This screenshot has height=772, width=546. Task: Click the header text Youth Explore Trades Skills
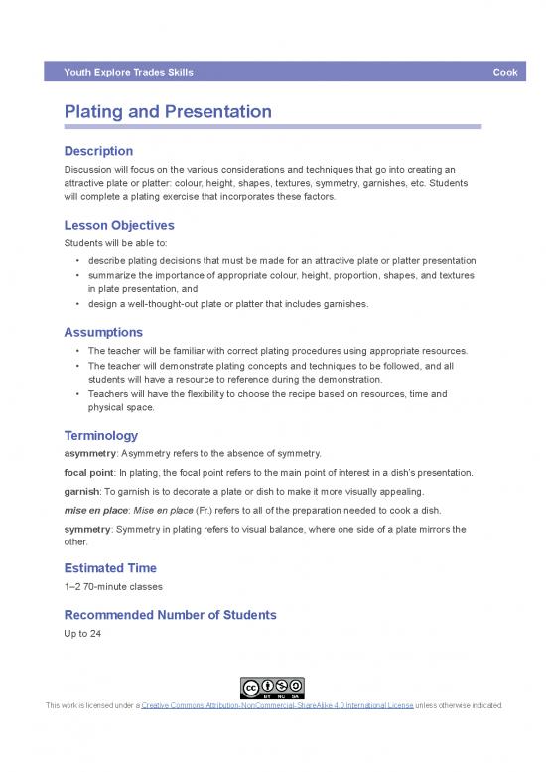128,73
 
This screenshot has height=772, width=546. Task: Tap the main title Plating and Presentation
168,112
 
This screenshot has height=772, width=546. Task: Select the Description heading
98,151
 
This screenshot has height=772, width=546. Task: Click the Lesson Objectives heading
119,225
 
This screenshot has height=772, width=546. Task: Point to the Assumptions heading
103,332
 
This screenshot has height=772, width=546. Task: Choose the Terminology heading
100,435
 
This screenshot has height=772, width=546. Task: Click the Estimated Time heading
110,568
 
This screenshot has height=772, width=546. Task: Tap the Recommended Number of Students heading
170,615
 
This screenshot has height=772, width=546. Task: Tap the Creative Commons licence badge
273,688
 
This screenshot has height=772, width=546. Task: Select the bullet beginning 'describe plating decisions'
281,261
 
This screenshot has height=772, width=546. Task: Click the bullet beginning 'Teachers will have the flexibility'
268,394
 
